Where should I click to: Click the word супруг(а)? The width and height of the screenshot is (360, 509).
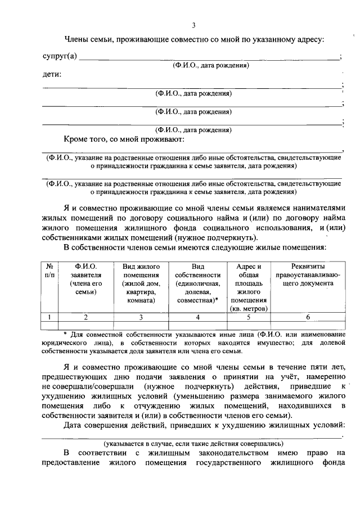point(60,57)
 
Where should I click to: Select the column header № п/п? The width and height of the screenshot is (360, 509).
point(49,271)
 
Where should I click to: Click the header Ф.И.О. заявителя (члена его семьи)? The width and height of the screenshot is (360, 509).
point(85,279)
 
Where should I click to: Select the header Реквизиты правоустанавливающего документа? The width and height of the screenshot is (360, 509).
point(307,275)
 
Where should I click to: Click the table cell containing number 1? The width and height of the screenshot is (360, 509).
point(49,317)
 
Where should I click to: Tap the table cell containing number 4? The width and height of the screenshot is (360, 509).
point(197,317)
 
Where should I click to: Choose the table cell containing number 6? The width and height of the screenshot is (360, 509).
point(307,317)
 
